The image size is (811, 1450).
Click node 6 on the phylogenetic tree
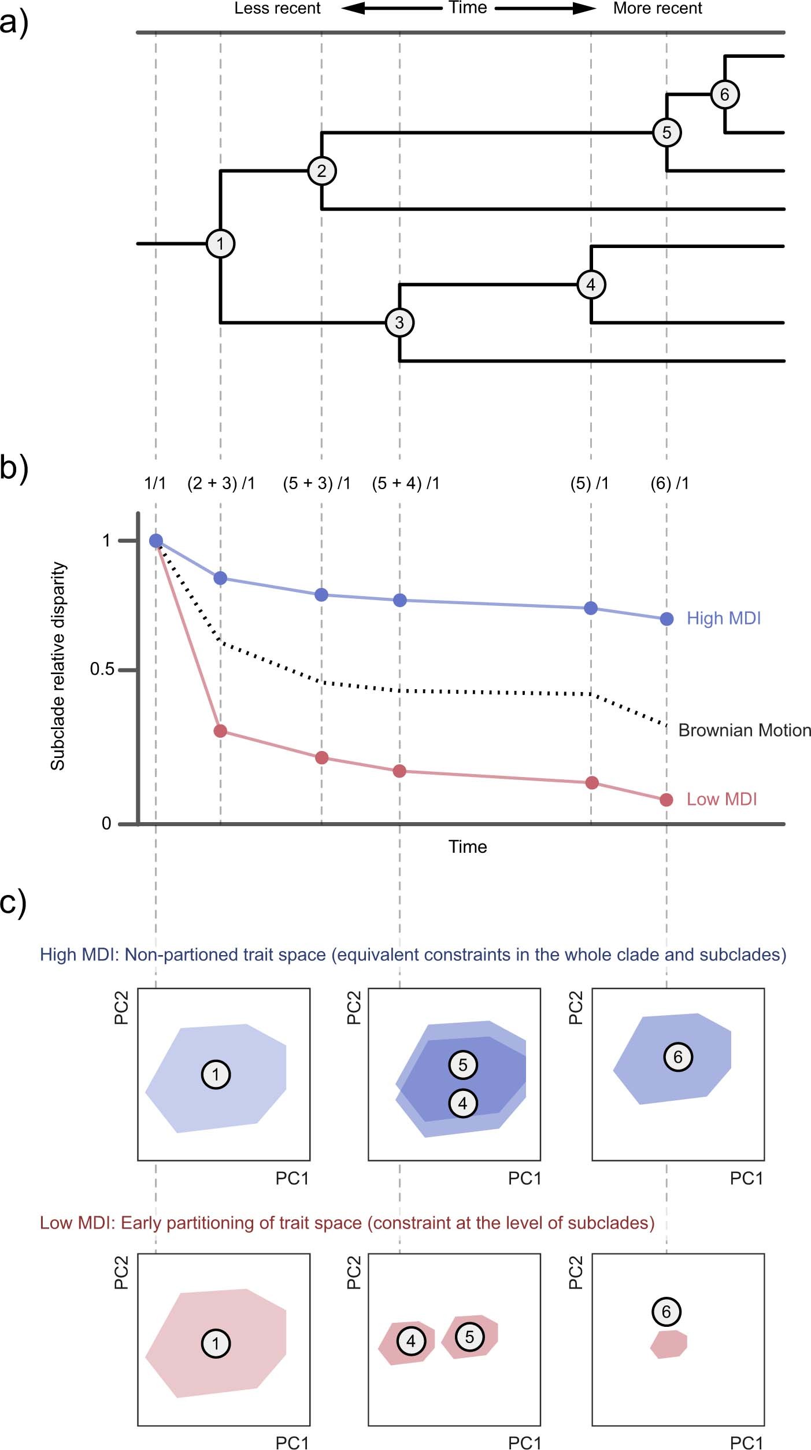(x=724, y=94)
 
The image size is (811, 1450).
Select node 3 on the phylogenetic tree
(x=399, y=323)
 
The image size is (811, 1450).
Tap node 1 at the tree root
(x=220, y=243)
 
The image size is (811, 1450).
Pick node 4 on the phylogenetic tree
(x=591, y=284)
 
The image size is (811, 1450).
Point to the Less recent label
(x=277, y=9)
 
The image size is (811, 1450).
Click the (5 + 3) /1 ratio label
(x=316, y=483)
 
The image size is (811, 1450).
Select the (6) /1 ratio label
(x=669, y=483)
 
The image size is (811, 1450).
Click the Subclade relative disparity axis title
(x=58, y=666)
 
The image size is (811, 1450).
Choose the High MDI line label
(x=723, y=618)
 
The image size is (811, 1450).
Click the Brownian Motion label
(x=744, y=730)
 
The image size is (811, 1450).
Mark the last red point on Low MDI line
(x=666, y=800)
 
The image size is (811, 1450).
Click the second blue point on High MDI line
(x=220, y=578)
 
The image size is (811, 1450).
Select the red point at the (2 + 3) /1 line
(x=220, y=731)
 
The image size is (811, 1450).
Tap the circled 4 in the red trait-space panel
(x=410, y=1341)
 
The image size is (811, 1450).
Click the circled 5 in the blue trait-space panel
(x=462, y=1065)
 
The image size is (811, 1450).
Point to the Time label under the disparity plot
(x=468, y=847)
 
